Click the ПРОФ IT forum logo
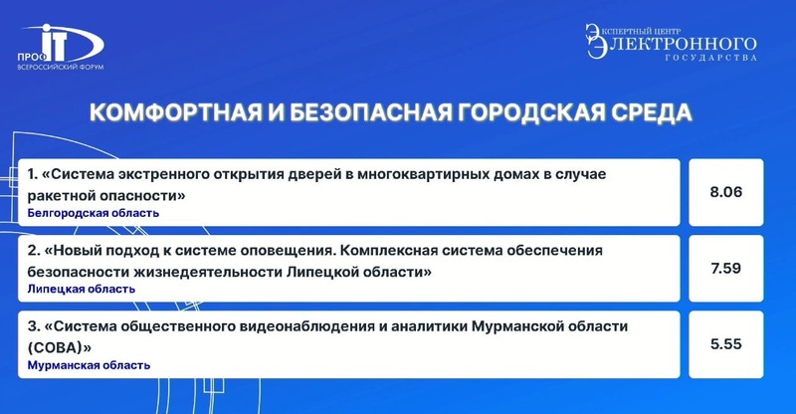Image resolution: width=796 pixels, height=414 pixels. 61,47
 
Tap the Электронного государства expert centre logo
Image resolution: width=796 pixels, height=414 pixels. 671,42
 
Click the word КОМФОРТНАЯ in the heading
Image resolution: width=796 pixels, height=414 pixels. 176,112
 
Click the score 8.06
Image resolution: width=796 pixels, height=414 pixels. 726,192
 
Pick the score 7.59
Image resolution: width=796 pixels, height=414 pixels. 726,268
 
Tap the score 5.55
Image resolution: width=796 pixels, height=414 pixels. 726,344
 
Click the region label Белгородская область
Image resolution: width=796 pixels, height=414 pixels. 94,213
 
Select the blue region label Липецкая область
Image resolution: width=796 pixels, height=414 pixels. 82,289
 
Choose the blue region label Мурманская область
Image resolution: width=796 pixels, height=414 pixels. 89,365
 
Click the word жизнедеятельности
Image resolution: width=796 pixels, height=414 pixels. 208,272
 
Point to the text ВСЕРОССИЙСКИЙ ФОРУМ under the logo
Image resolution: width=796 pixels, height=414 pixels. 61,67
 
